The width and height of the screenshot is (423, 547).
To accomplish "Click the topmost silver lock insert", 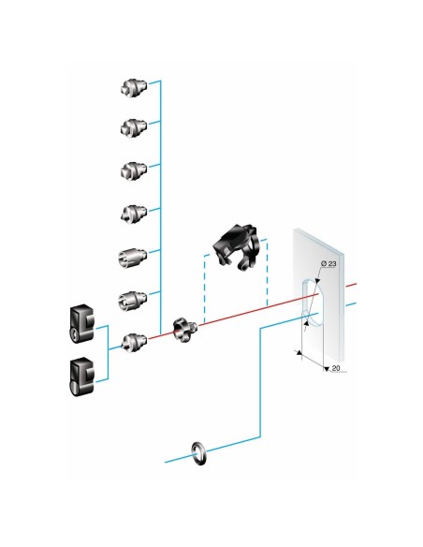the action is pyautogui.click(x=134, y=87).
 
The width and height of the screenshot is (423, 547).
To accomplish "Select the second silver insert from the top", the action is pyautogui.click(x=134, y=127).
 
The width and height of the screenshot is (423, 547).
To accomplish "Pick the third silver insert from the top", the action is pyautogui.click(x=134, y=170).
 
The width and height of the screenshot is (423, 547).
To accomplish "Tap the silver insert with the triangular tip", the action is pyautogui.click(x=134, y=214).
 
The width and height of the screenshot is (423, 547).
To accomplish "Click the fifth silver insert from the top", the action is pyautogui.click(x=133, y=258).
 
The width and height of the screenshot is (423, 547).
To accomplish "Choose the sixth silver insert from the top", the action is pyautogui.click(x=133, y=301).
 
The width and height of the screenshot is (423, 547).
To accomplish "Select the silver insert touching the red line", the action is pyautogui.click(x=134, y=343).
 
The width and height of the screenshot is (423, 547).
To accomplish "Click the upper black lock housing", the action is pyautogui.click(x=81, y=324).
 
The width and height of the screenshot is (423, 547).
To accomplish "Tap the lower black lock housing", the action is pyautogui.click(x=81, y=377).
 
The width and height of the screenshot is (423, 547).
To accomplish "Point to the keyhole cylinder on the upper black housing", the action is pyautogui.click(x=75, y=334).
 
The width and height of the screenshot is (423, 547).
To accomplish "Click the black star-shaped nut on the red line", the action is pyautogui.click(x=184, y=330).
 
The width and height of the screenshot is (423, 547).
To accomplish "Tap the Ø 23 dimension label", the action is pyautogui.click(x=328, y=264).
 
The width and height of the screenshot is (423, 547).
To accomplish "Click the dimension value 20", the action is pyautogui.click(x=336, y=368).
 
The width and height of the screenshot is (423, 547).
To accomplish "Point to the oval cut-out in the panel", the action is pyautogui.click(x=314, y=303).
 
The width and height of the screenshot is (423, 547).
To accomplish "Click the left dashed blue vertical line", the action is pyautogui.click(x=205, y=289).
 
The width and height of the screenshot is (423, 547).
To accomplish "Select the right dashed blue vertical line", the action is pyautogui.click(x=267, y=273).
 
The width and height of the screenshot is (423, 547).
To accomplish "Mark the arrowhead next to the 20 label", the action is pyautogui.click(x=326, y=369).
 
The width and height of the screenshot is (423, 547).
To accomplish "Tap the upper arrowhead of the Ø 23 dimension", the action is pyautogui.click(x=317, y=280).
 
